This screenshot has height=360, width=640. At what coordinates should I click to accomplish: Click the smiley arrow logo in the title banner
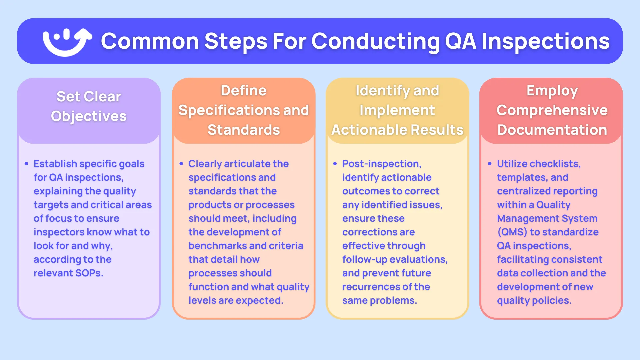pyautogui.click(x=67, y=42)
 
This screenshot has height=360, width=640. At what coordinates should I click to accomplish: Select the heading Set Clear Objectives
pyautogui.click(x=89, y=106)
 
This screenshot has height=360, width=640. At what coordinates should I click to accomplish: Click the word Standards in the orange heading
pyautogui.click(x=244, y=130)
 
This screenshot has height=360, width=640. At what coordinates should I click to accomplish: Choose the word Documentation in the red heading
pyautogui.click(x=552, y=130)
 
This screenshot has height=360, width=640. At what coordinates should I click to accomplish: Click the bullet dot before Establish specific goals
pyautogui.click(x=26, y=164)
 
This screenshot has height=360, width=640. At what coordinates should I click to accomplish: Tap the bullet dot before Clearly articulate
pyautogui.click(x=181, y=164)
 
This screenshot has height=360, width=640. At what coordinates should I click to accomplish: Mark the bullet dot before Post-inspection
pyautogui.click(x=335, y=164)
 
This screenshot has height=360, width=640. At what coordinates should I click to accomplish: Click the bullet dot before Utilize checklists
pyautogui.click(x=490, y=164)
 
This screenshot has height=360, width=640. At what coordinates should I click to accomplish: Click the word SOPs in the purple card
pyautogui.click(x=89, y=273)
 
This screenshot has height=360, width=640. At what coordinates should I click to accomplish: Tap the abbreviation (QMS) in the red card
pyautogui.click(x=512, y=232)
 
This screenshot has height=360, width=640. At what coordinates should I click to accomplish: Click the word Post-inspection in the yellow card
pyautogui.click(x=382, y=164)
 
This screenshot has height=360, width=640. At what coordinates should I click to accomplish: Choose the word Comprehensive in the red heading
pyautogui.click(x=552, y=110)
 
